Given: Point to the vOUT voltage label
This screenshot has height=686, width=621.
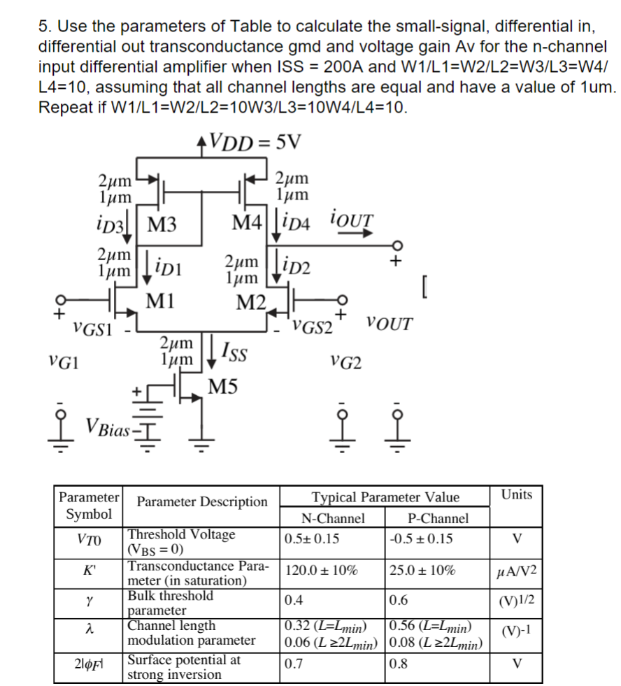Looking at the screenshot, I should tap(389, 324).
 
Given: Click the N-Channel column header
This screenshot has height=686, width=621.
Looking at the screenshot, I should tap(332, 518).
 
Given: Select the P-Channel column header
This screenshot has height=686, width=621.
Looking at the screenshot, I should tap(437, 518).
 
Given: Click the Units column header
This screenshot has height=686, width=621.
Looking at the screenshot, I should tap(517, 495).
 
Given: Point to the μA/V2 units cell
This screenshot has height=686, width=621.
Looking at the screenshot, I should tap(517, 573).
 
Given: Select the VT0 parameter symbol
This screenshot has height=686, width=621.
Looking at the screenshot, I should tap(89, 541).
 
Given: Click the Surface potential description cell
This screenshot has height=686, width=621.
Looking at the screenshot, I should tap(183, 667).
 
